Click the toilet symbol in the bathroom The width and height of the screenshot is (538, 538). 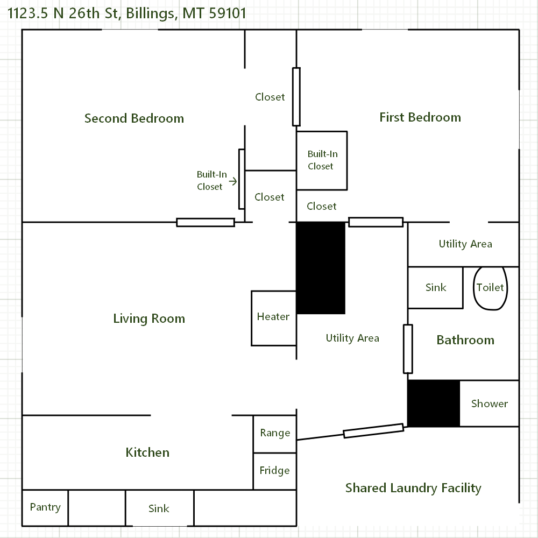(490, 288)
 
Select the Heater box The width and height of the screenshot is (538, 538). (274, 318)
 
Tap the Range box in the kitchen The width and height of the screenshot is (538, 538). (275, 434)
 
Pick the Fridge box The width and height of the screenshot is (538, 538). (275, 471)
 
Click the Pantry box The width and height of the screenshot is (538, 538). (45, 507)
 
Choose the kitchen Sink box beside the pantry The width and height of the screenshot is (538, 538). (159, 508)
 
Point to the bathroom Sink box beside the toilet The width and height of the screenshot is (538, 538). (435, 287)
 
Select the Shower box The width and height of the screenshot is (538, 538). (489, 403)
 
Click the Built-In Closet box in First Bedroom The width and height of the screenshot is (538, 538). (322, 160)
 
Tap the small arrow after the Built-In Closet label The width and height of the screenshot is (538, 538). (233, 181)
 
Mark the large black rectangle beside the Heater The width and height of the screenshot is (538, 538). (321, 267)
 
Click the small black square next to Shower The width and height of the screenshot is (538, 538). (434, 403)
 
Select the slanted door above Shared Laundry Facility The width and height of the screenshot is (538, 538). (373, 431)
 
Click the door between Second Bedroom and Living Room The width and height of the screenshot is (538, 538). (206, 222)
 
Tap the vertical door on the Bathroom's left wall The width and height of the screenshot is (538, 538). (408, 349)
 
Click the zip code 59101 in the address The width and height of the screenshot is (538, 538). (228, 12)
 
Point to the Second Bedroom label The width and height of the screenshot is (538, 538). (134, 118)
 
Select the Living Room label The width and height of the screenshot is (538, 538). (149, 318)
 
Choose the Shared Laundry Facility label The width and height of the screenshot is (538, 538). (413, 488)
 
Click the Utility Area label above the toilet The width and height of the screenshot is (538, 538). (465, 244)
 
